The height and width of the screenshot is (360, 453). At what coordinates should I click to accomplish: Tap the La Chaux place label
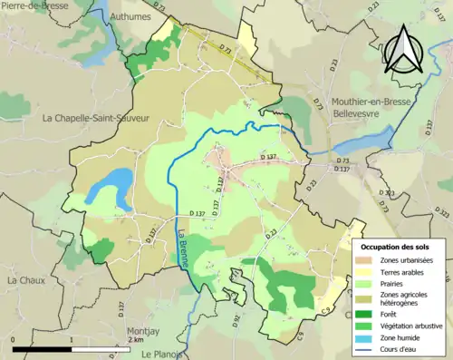coord(26,280)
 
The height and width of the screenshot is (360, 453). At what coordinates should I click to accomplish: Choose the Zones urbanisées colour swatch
coord(367,261)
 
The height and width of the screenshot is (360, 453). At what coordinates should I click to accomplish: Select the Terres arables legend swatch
coord(367,274)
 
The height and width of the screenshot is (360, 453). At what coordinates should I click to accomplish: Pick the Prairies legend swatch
coord(367,286)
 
